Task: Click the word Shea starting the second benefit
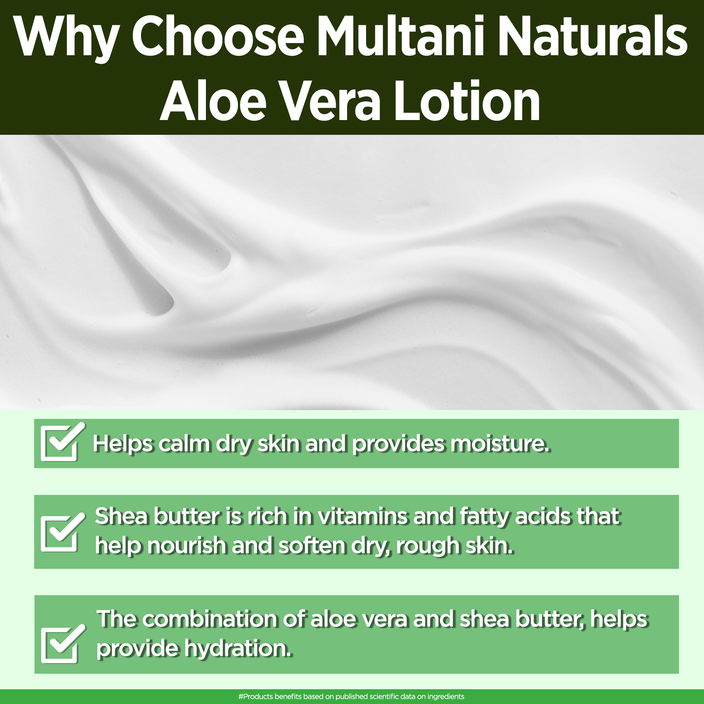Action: click(121, 516)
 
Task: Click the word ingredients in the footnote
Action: click(446, 697)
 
